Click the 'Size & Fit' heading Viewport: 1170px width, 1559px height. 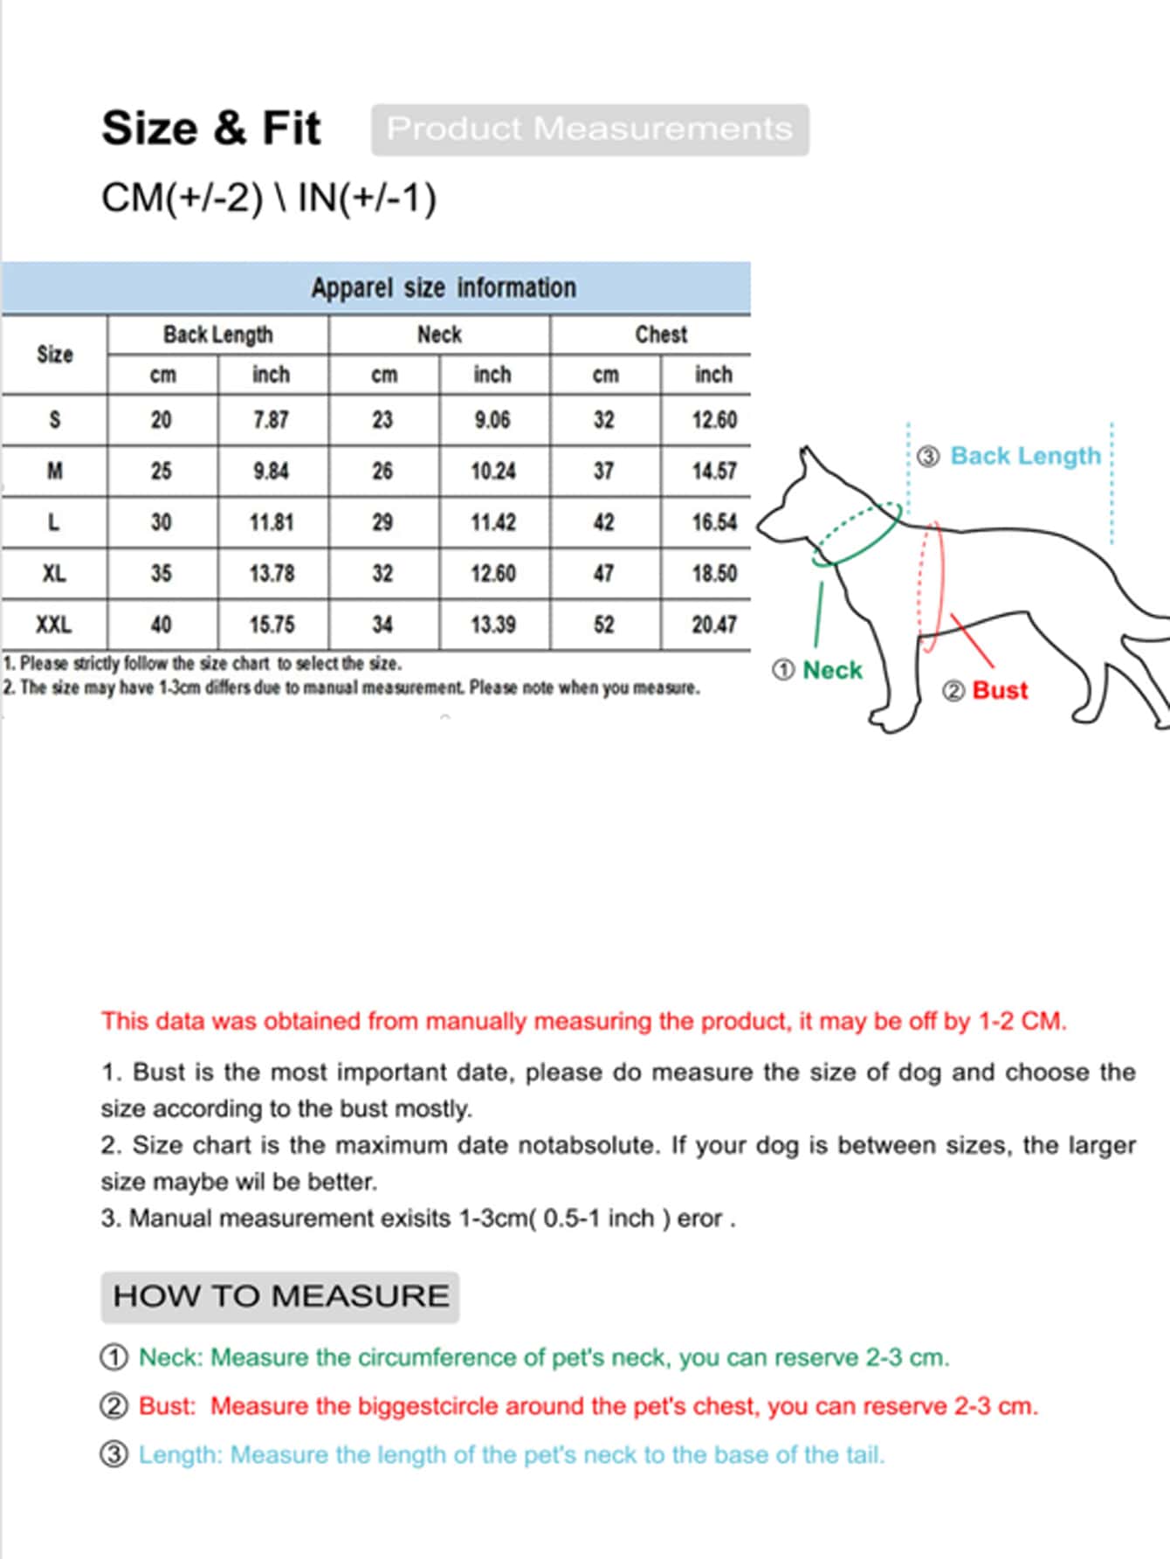click(x=211, y=128)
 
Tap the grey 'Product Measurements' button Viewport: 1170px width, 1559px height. click(x=589, y=129)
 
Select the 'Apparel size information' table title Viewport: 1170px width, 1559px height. click(x=443, y=287)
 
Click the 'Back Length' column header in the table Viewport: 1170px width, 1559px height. click(x=217, y=335)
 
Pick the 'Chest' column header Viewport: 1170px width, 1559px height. click(x=660, y=335)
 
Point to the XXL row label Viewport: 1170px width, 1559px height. click(x=54, y=624)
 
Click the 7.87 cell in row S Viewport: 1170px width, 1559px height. click(x=271, y=420)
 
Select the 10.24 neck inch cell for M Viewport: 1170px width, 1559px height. click(x=493, y=472)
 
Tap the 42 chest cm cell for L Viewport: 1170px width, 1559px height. click(x=604, y=522)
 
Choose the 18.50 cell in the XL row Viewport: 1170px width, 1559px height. click(x=714, y=574)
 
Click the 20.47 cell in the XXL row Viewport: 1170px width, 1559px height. click(x=714, y=624)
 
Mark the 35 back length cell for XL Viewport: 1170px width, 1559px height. click(x=162, y=574)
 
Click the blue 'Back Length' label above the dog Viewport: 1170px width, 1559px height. click(x=1025, y=456)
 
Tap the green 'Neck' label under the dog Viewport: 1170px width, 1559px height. click(x=831, y=670)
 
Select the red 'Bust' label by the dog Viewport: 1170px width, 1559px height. click(x=1000, y=690)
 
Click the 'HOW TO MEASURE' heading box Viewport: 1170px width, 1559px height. click(x=280, y=1296)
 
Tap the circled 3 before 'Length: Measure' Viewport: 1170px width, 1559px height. click(x=114, y=1455)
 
